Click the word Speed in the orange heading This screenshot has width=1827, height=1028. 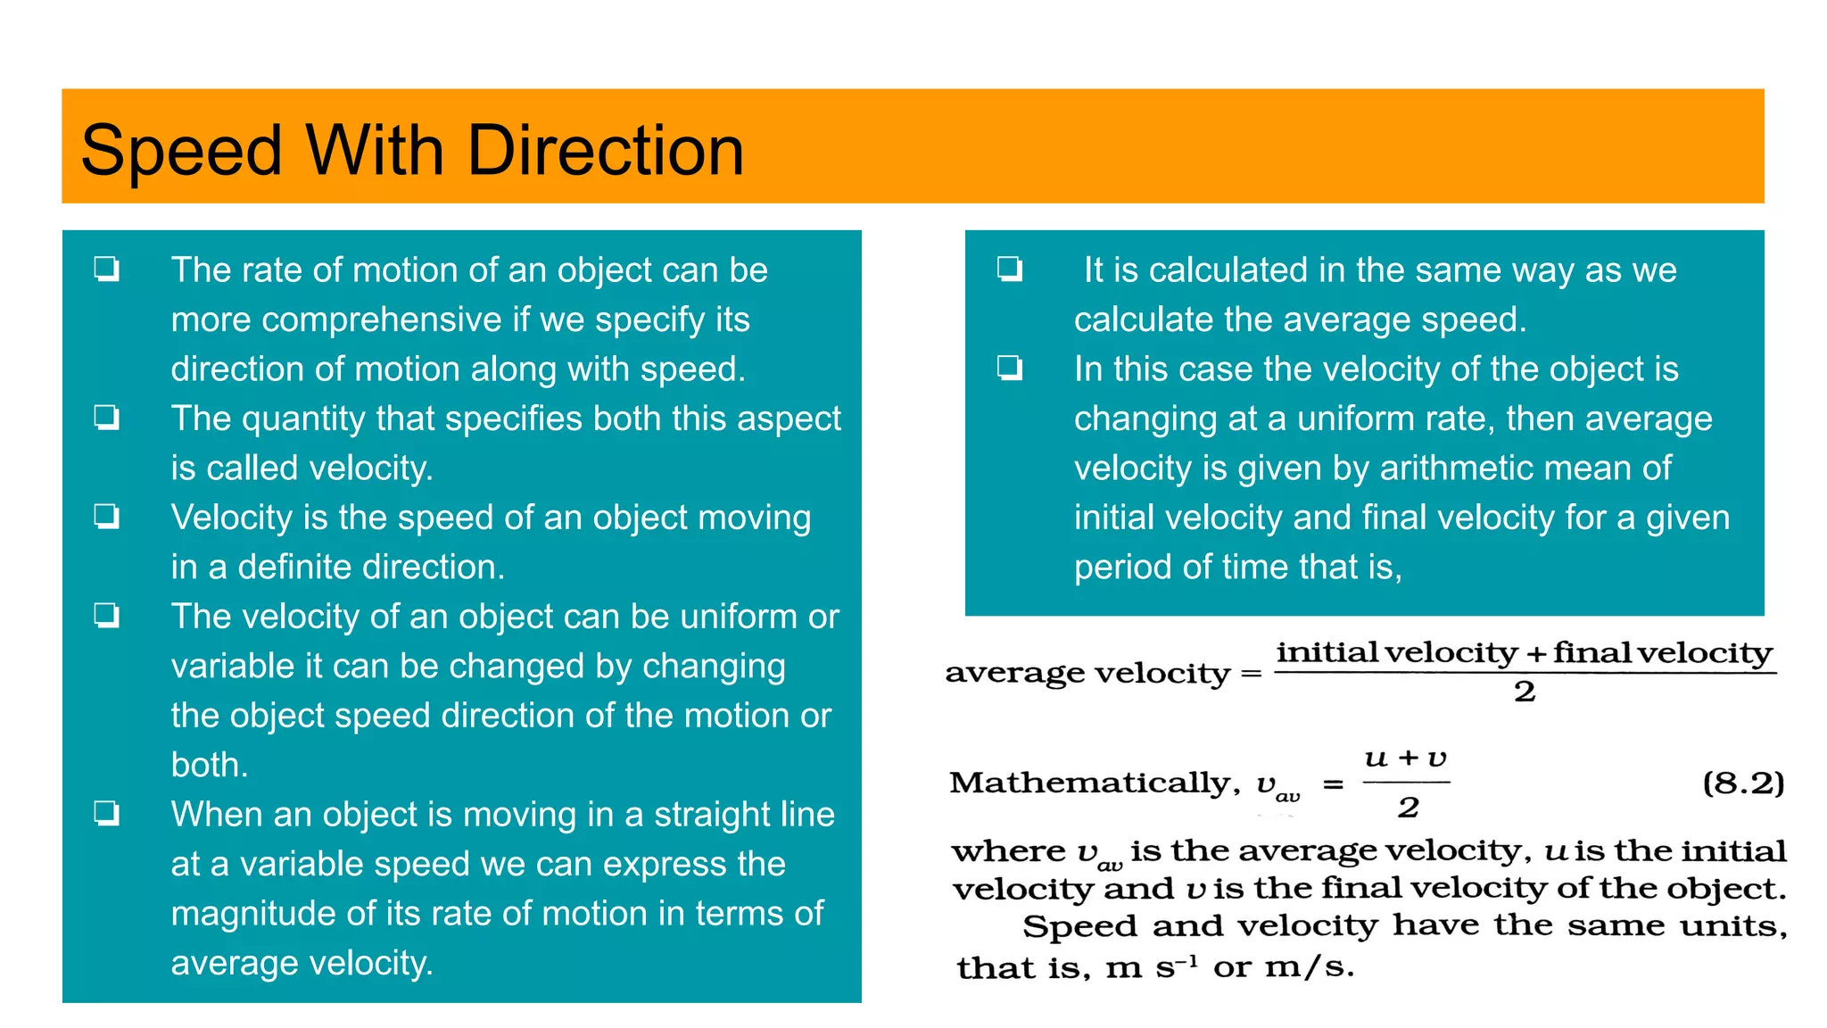[x=181, y=150]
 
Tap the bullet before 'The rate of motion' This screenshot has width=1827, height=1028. [x=107, y=269]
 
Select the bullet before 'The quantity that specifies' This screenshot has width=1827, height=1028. [x=107, y=417]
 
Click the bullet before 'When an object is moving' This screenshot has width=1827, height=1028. [x=107, y=813]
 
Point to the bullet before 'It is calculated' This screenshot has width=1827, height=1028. [x=1010, y=269]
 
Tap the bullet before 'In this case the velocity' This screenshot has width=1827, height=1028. [x=1010, y=368]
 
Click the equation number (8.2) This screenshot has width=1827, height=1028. [x=1743, y=783]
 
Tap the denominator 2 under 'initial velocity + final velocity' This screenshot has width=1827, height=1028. [x=1525, y=692]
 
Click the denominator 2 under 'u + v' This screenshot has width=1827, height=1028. [x=1408, y=808]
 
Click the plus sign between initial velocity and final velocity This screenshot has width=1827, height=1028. [x=1535, y=655]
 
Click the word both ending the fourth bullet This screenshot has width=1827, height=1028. [x=209, y=765]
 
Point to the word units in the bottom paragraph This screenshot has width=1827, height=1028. [x=1732, y=926]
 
